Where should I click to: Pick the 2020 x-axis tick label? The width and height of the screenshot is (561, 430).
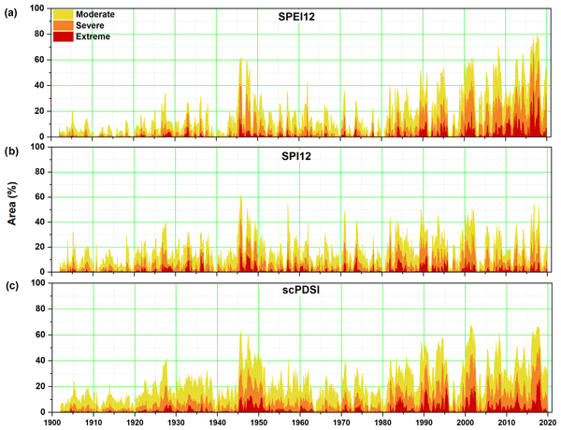coord(546,422)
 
